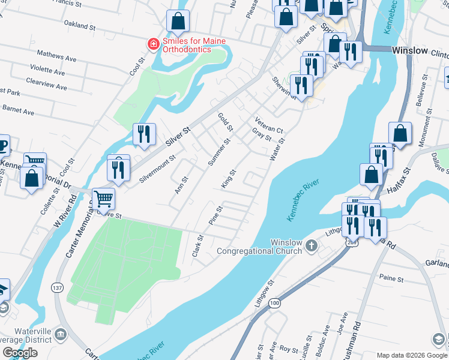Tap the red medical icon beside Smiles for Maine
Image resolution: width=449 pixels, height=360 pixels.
(x=154, y=44)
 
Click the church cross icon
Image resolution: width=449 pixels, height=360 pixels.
(x=311, y=245)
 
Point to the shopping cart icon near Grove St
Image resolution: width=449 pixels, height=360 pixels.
(x=104, y=197)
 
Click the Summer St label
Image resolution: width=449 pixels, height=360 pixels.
(x=218, y=153)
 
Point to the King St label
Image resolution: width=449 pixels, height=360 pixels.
(x=228, y=179)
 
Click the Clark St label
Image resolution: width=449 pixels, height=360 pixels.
(x=197, y=245)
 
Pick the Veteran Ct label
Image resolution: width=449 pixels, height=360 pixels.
(x=268, y=125)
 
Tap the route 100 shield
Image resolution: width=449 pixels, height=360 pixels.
(x=274, y=304)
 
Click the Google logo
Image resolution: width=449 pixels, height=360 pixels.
(x=20, y=352)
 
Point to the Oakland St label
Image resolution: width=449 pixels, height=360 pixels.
(x=80, y=26)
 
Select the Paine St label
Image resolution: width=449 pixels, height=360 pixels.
(x=391, y=277)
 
